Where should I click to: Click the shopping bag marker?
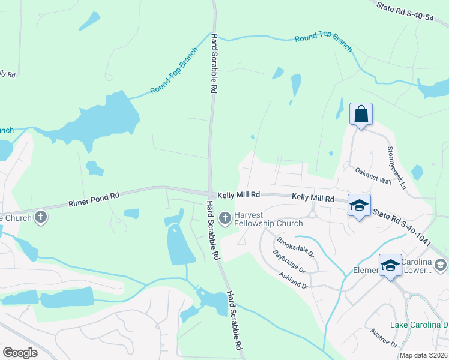(361, 114)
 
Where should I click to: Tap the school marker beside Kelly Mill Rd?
(359, 205)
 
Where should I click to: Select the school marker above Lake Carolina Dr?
(390, 265)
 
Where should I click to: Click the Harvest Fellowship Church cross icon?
(226, 218)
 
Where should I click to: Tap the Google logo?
(20, 352)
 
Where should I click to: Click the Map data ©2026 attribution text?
(423, 355)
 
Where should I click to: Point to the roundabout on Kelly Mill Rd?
(312, 214)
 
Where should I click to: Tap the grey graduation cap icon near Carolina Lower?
(440, 265)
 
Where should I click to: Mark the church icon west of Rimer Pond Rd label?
(41, 217)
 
